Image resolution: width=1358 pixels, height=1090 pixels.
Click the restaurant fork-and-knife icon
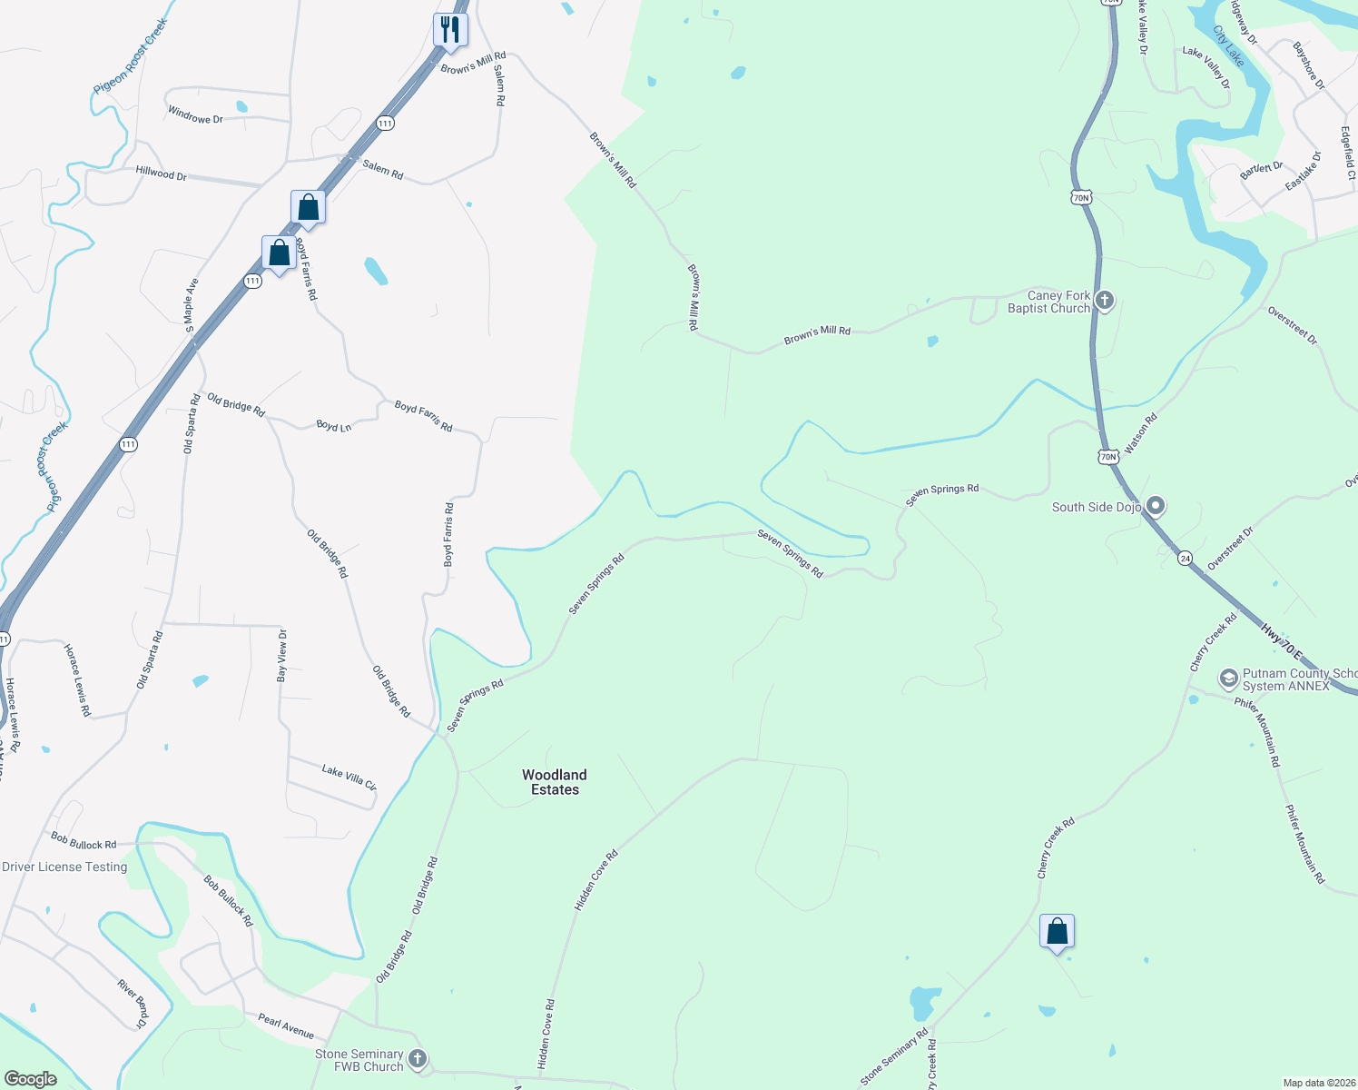pos(449,29)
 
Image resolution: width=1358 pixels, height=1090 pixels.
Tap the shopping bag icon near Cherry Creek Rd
pos(1057,932)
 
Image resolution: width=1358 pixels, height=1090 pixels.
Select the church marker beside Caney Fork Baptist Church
pos(1104,301)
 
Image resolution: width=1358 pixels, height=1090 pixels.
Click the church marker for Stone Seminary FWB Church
pos(417,1059)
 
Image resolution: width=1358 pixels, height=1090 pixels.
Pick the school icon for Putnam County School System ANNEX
pos(1228,679)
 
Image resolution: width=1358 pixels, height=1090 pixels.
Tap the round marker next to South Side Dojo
pos(1155,506)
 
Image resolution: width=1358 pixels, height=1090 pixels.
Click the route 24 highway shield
pos(1185,559)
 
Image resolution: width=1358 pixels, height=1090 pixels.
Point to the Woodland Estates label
pos(555,782)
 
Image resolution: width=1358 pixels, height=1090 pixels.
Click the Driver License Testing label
pos(64,867)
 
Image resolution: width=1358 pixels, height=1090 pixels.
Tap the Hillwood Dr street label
pos(161,173)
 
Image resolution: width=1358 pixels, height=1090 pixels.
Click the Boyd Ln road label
pos(333,425)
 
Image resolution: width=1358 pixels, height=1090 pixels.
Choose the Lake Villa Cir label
pos(349,777)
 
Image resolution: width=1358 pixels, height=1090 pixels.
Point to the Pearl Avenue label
pos(286,1026)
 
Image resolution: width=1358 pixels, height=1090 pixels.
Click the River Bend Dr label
pos(133,1003)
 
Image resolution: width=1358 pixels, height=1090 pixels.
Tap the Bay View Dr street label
pos(281,655)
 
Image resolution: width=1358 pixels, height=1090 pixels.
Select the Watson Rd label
pos(1140,433)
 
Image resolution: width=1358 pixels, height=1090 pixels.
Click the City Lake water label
pos(1228,45)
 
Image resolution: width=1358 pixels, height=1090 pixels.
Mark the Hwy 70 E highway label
pos(1281,641)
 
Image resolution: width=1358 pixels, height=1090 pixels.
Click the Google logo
pos(31,1078)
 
